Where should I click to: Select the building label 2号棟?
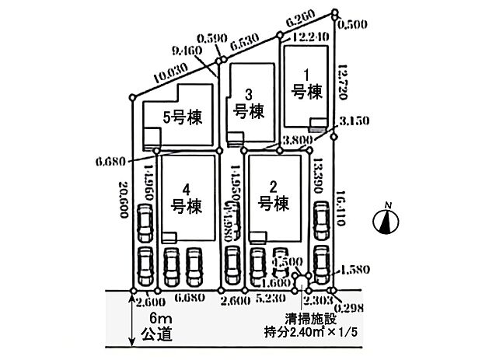tap(273, 197)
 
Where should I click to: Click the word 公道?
tap(150, 337)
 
